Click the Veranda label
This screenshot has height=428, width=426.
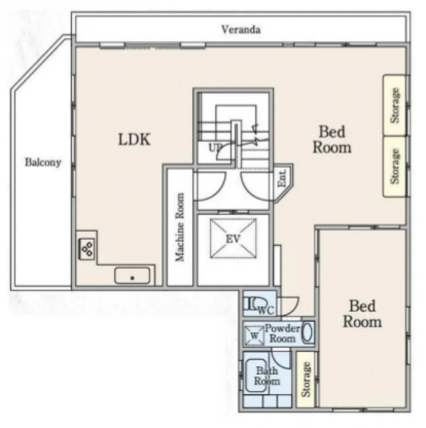[240, 29]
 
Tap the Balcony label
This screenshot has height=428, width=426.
[43, 162]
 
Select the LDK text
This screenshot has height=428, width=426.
[134, 139]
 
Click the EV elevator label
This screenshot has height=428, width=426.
[233, 239]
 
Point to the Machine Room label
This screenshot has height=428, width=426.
[180, 227]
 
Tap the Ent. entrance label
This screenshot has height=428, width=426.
[282, 179]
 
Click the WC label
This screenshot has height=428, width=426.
[266, 311]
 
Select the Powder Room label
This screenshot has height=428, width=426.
[282, 333]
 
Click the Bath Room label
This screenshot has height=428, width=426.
[267, 376]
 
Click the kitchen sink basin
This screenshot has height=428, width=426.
[132, 276]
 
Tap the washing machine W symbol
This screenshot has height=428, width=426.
[254, 335]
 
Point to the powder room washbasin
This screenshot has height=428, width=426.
[308, 332]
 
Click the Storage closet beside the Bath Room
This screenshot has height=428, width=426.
[306, 379]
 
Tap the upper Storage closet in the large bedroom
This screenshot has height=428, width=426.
[395, 105]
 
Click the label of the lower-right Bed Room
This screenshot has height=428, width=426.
[362, 314]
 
